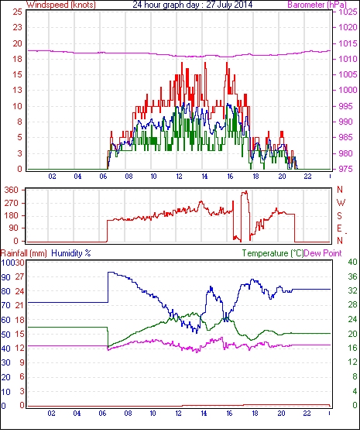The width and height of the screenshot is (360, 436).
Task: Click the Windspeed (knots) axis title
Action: [x=61, y=5]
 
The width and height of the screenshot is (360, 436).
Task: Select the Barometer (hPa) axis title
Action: [x=317, y=5]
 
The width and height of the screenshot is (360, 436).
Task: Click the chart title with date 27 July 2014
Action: [x=192, y=5]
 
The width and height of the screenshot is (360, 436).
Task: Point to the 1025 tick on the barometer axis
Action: [x=348, y=12]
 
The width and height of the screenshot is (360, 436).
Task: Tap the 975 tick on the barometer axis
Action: [x=345, y=169]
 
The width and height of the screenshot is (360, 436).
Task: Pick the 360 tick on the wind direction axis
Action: [x=12, y=191]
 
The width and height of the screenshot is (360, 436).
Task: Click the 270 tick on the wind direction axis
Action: [x=12, y=203]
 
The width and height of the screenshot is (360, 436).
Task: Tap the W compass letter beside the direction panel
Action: [x=341, y=203]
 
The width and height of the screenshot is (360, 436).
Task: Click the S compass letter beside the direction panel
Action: [x=340, y=216]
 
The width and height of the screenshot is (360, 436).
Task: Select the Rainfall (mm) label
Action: [x=24, y=253]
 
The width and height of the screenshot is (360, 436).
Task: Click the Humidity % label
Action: [x=71, y=253]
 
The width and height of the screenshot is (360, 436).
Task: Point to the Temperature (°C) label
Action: [x=273, y=253]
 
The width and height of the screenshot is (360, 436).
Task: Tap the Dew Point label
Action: [x=323, y=253]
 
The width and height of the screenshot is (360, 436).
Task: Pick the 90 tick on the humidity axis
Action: [x=6, y=277]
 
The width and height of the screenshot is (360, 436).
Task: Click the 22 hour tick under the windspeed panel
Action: [x=307, y=177]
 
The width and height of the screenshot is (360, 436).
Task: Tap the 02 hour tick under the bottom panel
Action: [x=51, y=414]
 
